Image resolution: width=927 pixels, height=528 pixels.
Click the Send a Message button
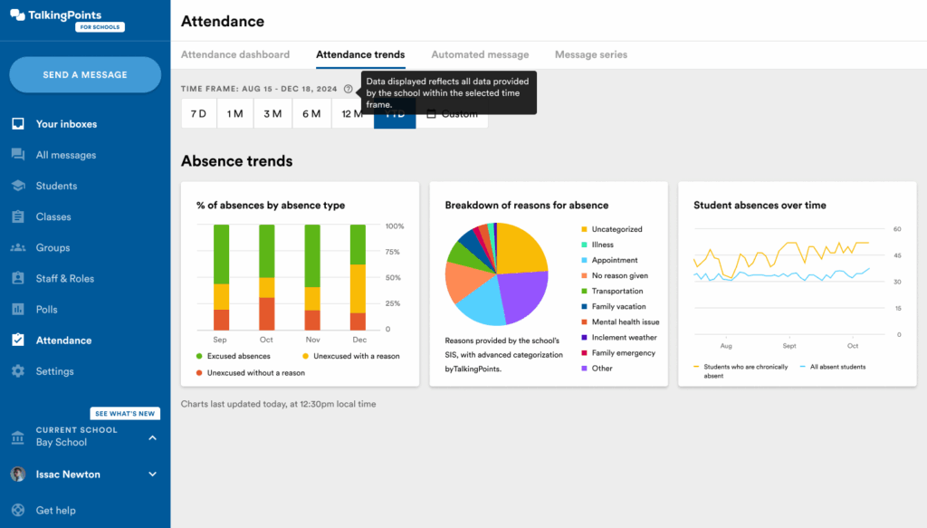click(85, 74)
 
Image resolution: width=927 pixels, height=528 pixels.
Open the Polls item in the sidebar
click(46, 310)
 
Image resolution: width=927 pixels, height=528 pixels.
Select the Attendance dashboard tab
click(235, 54)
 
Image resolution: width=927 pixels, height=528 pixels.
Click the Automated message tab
click(480, 54)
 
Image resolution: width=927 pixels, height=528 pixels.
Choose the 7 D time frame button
click(198, 114)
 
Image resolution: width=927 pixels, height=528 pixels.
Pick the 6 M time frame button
click(311, 114)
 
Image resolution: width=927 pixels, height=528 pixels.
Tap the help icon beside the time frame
click(349, 89)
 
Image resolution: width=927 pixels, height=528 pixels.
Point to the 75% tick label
click(394, 253)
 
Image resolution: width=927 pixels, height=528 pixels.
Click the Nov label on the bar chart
click(312, 340)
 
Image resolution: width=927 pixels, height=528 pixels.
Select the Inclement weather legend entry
click(625, 338)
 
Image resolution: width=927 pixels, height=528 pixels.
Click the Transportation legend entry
click(617, 292)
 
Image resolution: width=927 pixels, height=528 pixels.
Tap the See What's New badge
click(125, 414)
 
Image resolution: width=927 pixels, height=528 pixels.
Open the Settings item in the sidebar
click(54, 371)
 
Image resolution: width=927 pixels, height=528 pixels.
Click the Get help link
click(55, 511)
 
